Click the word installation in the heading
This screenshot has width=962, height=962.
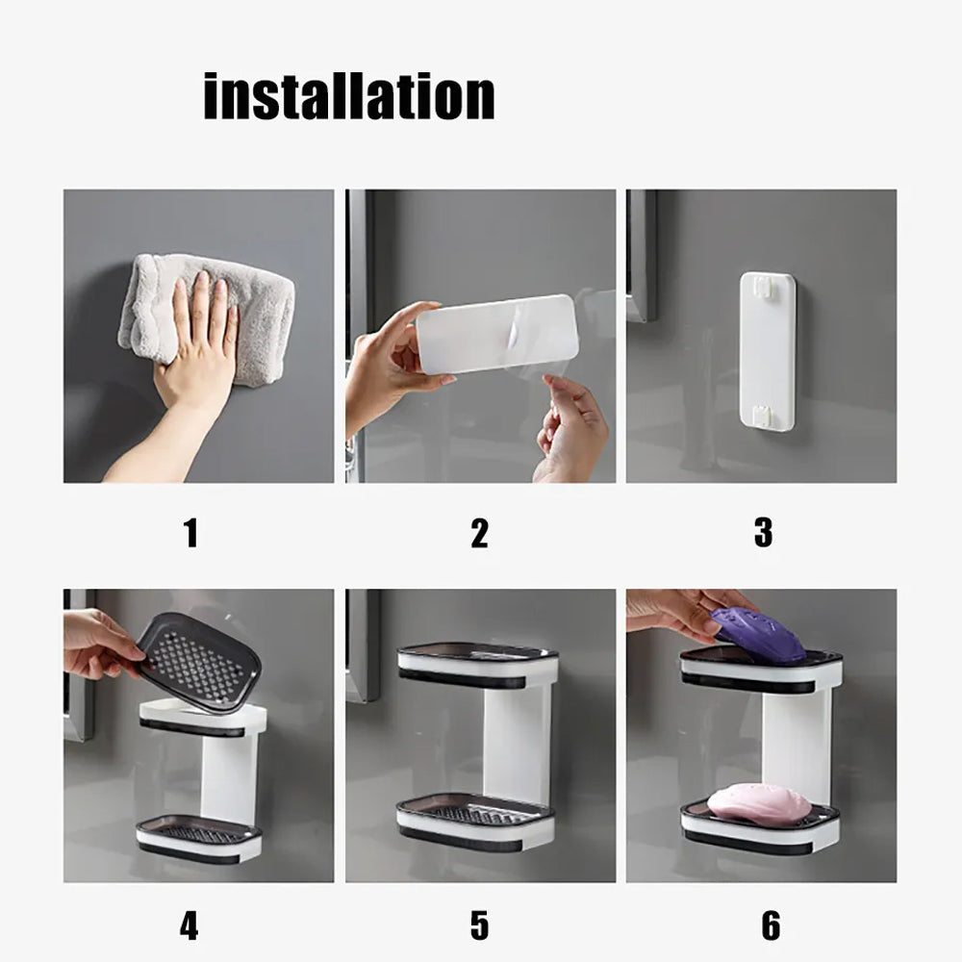point(349,96)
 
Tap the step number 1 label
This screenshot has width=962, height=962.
point(190,532)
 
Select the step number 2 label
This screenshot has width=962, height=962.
point(479,532)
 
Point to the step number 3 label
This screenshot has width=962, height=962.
point(763,532)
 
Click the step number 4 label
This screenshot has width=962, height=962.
point(190,925)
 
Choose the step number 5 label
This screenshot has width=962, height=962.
point(479,925)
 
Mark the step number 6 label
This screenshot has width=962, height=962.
point(771,925)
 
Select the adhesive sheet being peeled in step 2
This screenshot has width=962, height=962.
point(495,333)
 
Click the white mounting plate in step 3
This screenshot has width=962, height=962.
point(767,351)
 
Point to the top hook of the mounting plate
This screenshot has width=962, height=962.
point(767,286)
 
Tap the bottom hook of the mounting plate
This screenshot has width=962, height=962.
point(767,416)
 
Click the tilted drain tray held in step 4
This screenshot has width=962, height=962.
point(197,661)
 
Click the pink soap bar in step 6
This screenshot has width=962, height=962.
point(759,804)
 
